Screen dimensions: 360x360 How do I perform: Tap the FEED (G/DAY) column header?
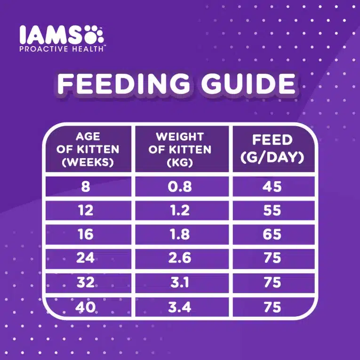272,149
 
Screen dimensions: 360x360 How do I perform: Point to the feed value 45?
272,186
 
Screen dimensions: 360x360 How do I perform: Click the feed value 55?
272,210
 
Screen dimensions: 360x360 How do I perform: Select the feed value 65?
272,234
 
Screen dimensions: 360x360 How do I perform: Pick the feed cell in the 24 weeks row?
272,258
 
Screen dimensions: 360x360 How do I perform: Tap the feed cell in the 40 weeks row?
272,307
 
